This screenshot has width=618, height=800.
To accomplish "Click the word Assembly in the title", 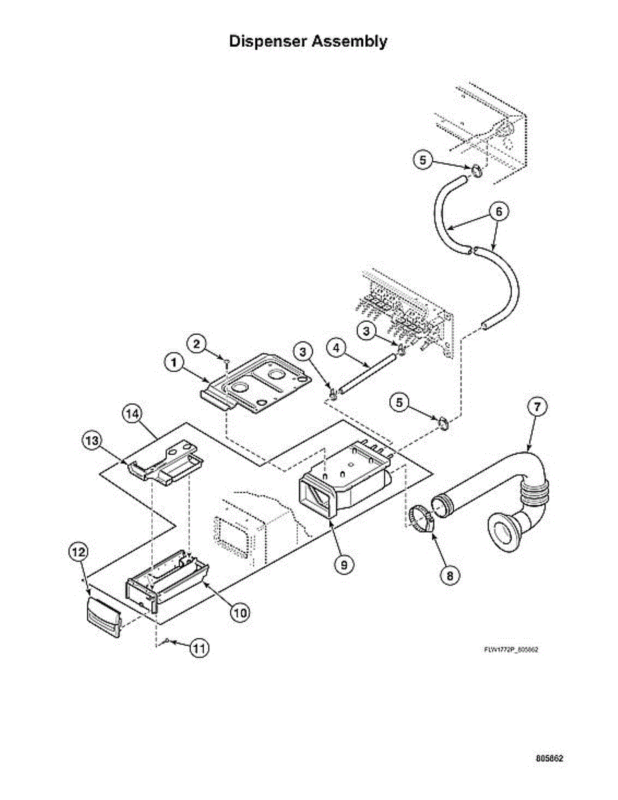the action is click(x=349, y=41).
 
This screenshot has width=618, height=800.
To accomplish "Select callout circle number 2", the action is click(x=197, y=344).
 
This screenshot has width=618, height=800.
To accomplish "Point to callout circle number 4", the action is click(x=337, y=347).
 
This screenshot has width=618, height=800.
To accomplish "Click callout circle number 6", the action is click(x=499, y=211).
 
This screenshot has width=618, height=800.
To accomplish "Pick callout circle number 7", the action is click(x=537, y=407).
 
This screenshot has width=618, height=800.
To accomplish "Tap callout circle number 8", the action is click(x=450, y=575).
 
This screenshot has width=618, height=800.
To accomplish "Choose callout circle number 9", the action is click(x=344, y=565).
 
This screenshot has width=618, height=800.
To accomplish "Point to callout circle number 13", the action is click(x=91, y=440).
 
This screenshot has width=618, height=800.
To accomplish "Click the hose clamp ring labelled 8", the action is click(x=419, y=519).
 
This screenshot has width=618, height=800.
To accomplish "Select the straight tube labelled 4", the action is click(x=368, y=373).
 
